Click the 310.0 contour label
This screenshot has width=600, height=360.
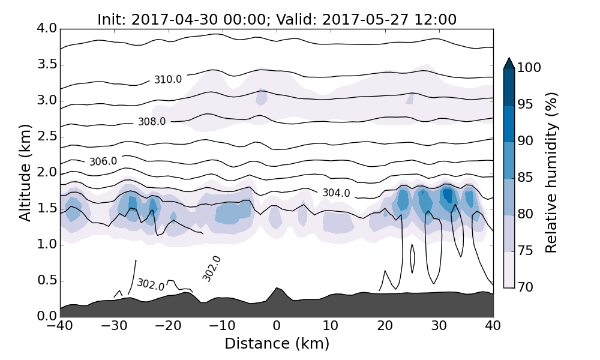[x=168, y=79]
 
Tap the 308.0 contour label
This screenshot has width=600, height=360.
[x=152, y=122]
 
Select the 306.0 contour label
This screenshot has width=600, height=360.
[x=103, y=161]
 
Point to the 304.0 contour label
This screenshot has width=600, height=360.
[x=336, y=193]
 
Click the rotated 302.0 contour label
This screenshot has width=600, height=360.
[x=211, y=269]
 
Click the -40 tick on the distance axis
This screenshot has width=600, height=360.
[x=60, y=326]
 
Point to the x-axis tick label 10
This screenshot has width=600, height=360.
[x=331, y=326]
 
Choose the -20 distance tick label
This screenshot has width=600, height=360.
[x=168, y=326]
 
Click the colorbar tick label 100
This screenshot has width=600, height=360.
[x=529, y=68]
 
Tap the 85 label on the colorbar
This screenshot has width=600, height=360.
[x=526, y=178]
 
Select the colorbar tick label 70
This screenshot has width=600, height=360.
[x=526, y=287]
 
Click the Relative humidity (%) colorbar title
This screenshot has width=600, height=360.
[x=551, y=173]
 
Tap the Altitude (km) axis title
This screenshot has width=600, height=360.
[x=25, y=173]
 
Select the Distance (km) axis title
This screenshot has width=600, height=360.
[x=277, y=344]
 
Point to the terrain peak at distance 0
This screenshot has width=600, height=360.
[x=277, y=289]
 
